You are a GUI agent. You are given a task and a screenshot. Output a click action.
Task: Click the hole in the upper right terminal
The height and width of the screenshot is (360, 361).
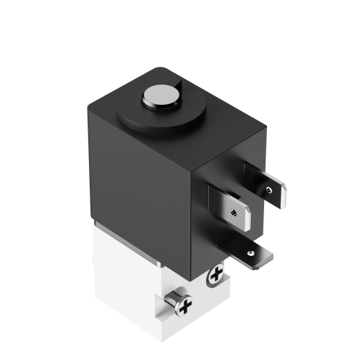pyautogui.click(x=268, y=190)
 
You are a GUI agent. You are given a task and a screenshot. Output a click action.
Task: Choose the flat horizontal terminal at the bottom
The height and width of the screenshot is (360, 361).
pyautogui.click(x=251, y=251)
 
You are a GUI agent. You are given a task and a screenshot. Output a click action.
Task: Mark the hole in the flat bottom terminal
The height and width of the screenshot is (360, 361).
pyautogui.click(x=248, y=252)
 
